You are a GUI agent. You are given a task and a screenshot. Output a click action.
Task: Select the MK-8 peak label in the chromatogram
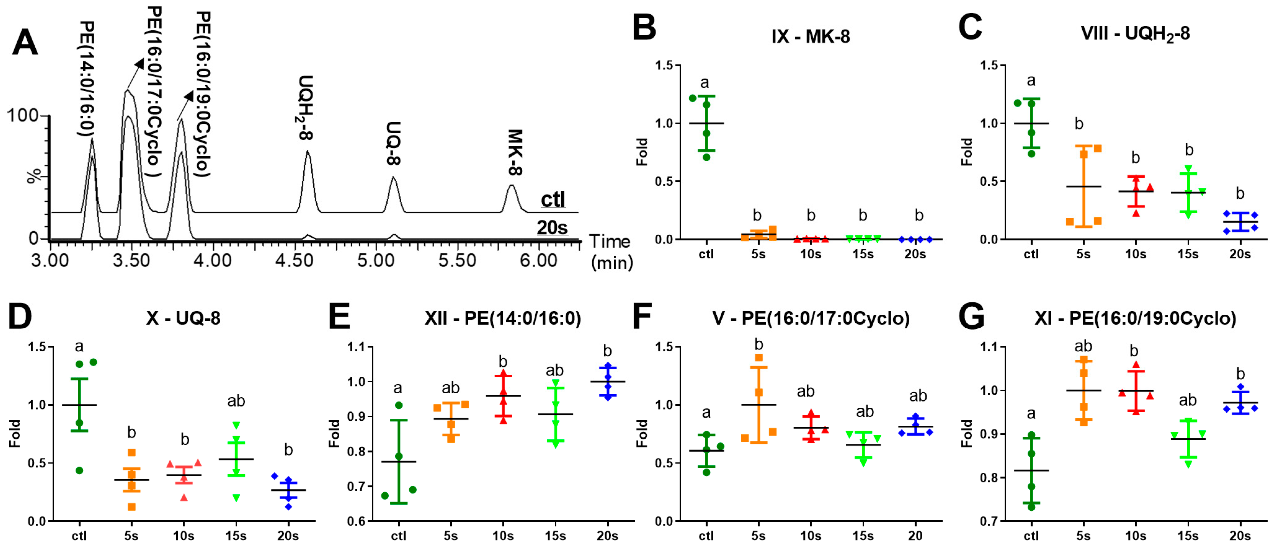[x=515, y=152]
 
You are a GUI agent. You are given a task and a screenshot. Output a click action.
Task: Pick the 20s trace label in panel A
[x=552, y=228]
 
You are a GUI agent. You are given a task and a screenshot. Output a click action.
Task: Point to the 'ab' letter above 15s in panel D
[x=236, y=401]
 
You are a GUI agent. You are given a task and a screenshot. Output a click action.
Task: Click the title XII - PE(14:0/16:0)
[x=502, y=318]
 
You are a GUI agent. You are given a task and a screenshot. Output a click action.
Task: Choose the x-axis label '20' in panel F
[x=915, y=536]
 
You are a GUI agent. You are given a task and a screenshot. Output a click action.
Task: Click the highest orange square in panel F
[x=759, y=357]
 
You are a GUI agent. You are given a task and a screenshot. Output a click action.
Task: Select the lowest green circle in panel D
[x=79, y=470]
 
